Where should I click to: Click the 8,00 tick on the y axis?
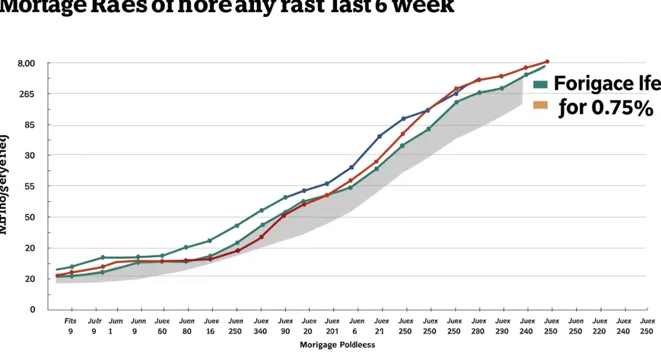(x=26, y=63)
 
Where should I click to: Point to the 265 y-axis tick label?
(x=26, y=94)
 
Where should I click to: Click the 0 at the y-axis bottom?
(x=32, y=309)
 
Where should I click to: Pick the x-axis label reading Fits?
(x=71, y=321)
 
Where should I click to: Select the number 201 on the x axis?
(x=332, y=331)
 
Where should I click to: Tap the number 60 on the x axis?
(x=162, y=331)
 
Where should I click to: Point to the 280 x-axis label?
(x=478, y=331)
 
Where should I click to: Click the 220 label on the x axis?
(x=599, y=331)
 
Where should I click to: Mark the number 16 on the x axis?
(x=211, y=331)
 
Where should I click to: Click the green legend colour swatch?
(x=540, y=85)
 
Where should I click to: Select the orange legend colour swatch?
(x=540, y=105)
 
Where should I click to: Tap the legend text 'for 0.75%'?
(x=605, y=107)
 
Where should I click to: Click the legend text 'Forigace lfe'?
(x=606, y=84)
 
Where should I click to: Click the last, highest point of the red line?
(x=546, y=62)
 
